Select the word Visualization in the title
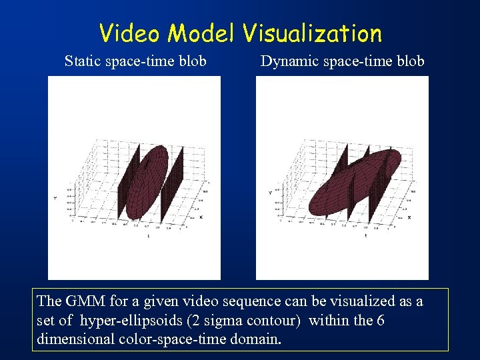312,33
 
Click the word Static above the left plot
82,61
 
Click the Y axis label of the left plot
55,197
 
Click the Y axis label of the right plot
270,193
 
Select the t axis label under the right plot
365,235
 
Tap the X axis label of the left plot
201,217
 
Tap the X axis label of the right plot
409,217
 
